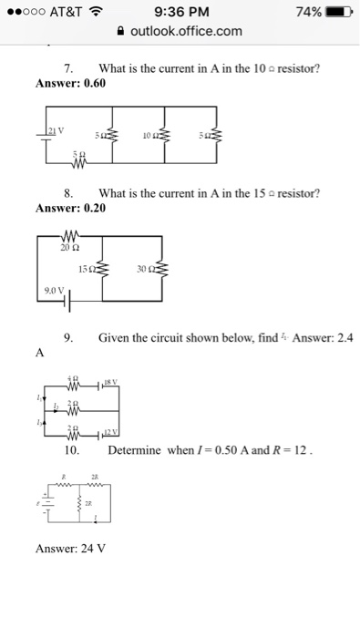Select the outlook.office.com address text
tap(186, 32)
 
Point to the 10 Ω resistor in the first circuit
tap(165, 138)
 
